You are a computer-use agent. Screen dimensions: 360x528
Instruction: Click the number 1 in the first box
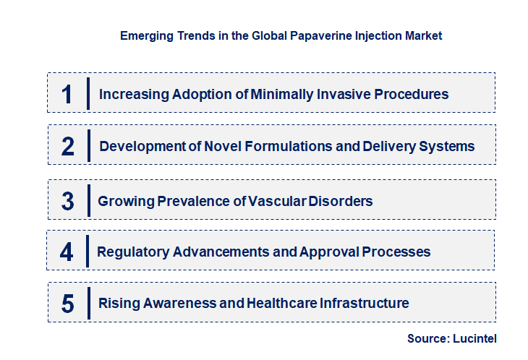pos(67,94)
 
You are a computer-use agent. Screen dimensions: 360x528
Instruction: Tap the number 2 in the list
pos(68,146)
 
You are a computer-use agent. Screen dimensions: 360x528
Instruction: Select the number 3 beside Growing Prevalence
pos(67,201)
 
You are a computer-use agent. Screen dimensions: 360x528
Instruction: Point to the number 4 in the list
pos(67,252)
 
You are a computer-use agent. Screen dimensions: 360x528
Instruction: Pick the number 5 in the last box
pos(67,304)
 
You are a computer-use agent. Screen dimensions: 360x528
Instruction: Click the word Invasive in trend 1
pos(336,94)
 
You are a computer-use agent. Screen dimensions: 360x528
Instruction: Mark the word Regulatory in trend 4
pos(134,252)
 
